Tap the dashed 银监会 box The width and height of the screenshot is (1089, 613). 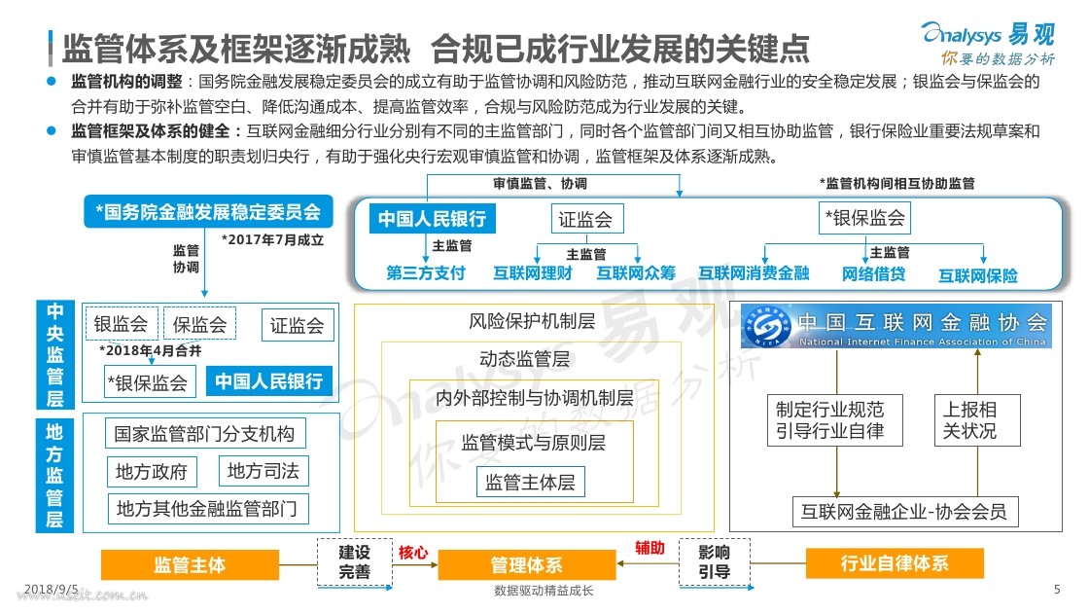pos(122,325)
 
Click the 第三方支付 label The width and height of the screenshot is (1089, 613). pos(426,273)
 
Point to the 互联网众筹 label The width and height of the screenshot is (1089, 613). pos(636,273)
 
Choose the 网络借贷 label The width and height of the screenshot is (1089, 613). pos(873,274)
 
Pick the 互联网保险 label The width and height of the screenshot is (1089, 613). pos(977,275)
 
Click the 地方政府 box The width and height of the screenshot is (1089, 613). pos(151,473)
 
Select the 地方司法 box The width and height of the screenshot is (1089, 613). pos(263,472)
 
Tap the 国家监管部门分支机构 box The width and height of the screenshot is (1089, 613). pos(203,433)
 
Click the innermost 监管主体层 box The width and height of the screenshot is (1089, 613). pos(530,482)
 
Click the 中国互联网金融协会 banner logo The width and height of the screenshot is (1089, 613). pos(895,327)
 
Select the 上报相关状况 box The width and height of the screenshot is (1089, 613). pos(977,419)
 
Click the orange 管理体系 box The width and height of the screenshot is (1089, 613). pos(525,565)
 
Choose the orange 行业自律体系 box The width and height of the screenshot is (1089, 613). pos(894,562)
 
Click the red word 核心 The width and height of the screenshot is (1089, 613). pos(412,553)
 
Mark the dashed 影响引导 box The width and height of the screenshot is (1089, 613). pos(715,562)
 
